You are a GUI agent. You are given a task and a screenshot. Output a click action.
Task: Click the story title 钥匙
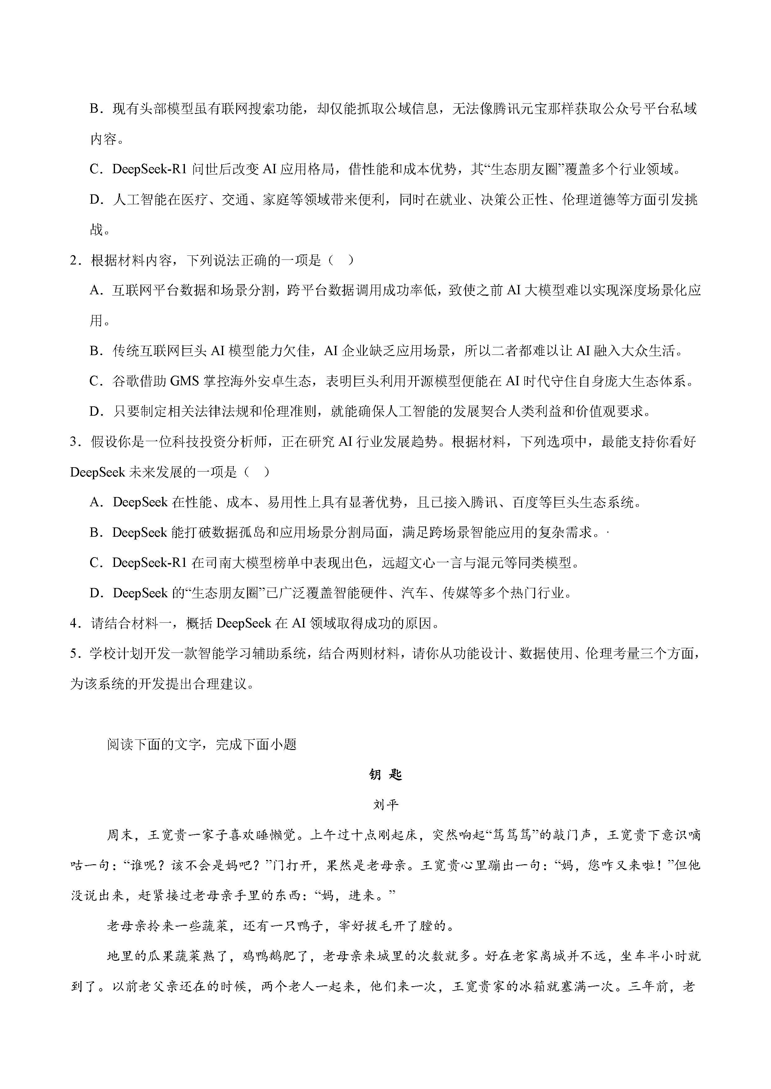[385, 775]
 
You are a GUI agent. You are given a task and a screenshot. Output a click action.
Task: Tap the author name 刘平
[385, 805]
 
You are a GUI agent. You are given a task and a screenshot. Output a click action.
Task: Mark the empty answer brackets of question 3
[257, 472]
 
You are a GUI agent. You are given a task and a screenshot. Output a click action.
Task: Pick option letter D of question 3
[96, 593]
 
